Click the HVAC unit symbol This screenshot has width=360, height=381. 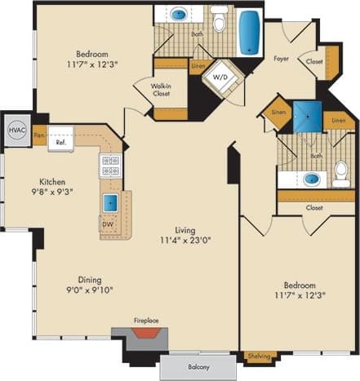tap(16, 130)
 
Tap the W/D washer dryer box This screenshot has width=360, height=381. tap(221, 77)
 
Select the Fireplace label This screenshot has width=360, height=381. tap(147, 321)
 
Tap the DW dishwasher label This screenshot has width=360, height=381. tap(108, 224)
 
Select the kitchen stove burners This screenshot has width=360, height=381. tap(110, 166)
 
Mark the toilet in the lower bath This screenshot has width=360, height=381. tap(341, 173)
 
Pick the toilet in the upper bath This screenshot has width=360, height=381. tap(220, 18)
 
